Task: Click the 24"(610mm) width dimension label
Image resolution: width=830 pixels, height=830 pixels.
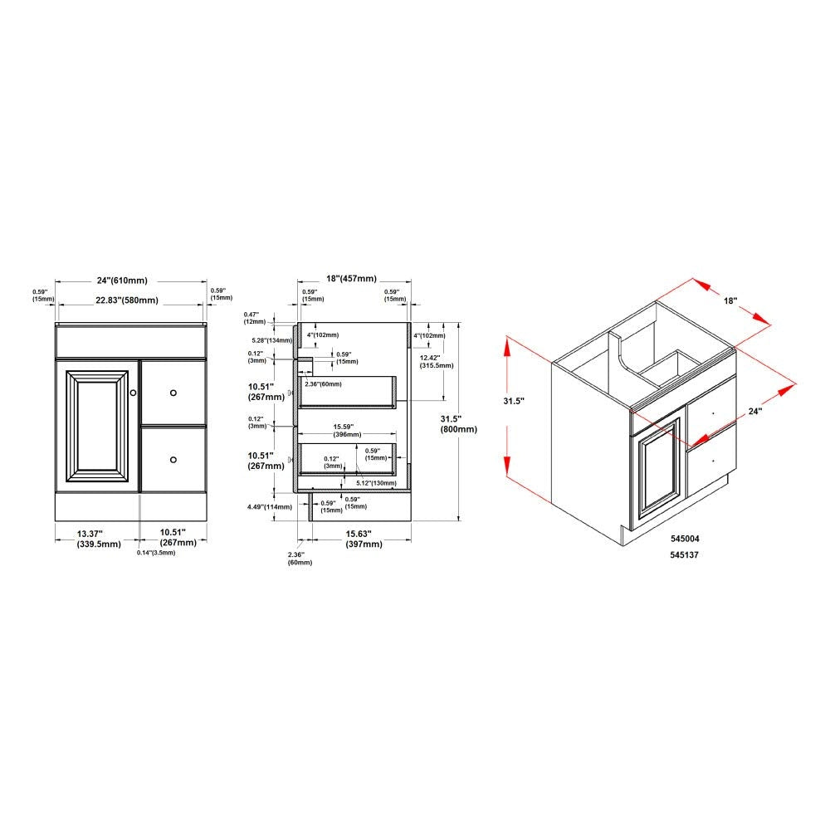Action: click(130, 279)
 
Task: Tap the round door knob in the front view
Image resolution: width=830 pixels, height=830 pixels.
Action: click(133, 392)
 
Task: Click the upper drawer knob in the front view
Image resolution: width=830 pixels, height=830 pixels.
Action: click(173, 392)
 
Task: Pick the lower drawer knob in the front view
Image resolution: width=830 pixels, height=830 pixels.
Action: click(173, 459)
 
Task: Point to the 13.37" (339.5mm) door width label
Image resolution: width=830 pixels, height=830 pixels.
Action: click(96, 538)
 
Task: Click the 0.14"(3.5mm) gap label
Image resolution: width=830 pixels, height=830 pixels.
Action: click(157, 552)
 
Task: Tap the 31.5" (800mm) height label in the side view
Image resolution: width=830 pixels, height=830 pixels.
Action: click(460, 424)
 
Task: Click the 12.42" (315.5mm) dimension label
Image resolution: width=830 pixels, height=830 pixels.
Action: click(436, 360)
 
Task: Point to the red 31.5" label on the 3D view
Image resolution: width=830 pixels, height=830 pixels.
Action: click(515, 400)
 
